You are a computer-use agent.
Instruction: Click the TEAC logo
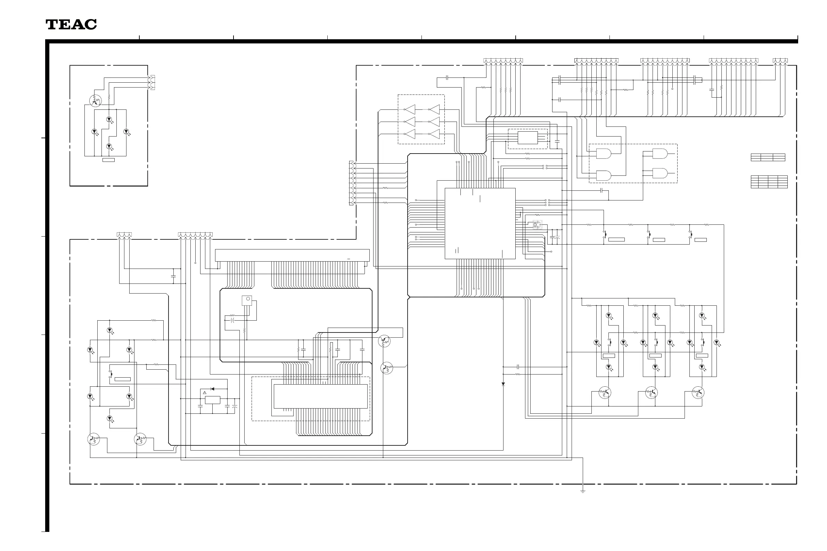point(71,25)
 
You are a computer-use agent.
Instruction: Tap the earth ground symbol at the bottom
point(582,491)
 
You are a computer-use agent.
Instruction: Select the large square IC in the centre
point(480,223)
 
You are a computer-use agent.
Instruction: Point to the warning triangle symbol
point(204,392)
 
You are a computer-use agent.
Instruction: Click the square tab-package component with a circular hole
point(247,300)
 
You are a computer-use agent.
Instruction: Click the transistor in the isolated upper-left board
point(95,101)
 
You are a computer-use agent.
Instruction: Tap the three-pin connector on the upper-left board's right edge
point(153,83)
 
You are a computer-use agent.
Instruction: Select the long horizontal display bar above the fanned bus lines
point(292,255)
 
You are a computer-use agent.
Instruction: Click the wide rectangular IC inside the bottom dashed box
point(320,396)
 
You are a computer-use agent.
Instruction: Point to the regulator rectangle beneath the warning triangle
point(212,400)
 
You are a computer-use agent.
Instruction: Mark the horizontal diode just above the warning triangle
point(212,389)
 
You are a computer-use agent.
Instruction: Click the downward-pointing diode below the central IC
point(503,384)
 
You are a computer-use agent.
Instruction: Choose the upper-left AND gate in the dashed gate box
point(603,154)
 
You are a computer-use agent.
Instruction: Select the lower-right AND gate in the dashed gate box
point(660,173)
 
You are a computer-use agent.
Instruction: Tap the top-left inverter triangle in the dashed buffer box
point(410,110)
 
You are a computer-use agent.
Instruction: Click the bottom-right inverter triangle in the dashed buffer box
point(434,134)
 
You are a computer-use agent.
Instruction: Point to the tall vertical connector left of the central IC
point(351,183)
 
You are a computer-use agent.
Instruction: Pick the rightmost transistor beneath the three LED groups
point(698,393)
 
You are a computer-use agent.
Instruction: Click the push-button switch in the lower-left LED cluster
point(111,374)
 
